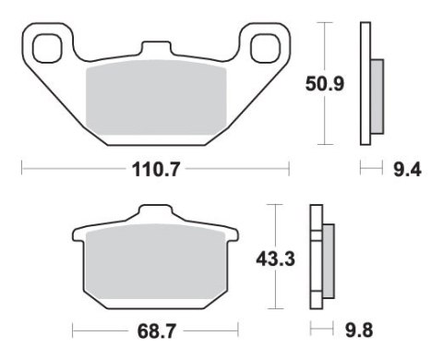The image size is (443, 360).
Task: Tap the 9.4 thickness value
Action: pyautogui.click(x=404, y=170)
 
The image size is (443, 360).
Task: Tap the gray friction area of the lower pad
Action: pyautogui.click(x=154, y=268)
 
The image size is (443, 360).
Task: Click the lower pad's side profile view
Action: pyautogui.click(x=322, y=258)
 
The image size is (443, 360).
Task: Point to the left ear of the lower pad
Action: pyautogui.click(x=78, y=235)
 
